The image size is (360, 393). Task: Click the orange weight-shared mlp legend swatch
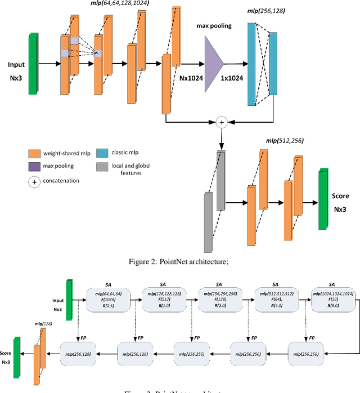click(35, 153)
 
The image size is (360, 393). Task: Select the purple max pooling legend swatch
click(35, 166)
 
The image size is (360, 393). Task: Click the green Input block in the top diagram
click(33, 60)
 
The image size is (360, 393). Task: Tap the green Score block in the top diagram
click(322, 198)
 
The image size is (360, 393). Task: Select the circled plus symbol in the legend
click(34, 181)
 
